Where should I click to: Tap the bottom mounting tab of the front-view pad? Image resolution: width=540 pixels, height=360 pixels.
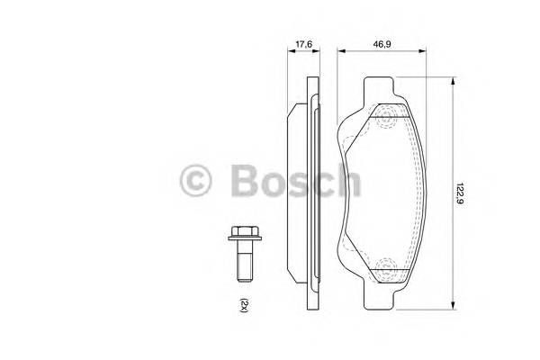379,294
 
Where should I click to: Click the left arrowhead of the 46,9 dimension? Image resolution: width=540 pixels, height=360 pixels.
340,52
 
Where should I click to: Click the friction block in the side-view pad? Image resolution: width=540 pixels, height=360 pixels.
298,192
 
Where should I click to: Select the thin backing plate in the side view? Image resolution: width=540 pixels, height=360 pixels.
312,192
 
